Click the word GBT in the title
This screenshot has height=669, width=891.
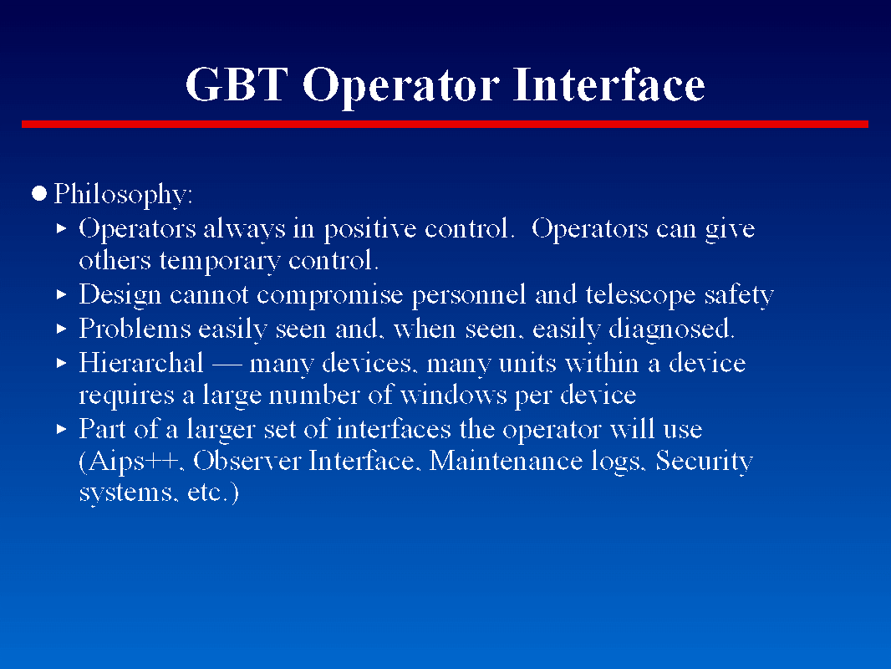[237, 84]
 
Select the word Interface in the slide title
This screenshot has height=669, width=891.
[608, 84]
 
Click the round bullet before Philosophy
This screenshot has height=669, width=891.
[38, 194]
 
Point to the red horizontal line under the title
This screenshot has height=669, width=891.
[445, 124]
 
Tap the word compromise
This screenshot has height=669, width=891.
[329, 295]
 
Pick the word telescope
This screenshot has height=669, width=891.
[640, 295]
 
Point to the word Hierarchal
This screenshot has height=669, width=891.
[141, 363]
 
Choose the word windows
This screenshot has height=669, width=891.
[454, 395]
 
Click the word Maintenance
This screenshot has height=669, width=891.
[506, 461]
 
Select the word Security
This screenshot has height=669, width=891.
[704, 462]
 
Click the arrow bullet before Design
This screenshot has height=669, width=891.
[62, 294]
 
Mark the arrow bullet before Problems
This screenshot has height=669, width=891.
[62, 329]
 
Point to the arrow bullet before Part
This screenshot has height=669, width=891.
[62, 429]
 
